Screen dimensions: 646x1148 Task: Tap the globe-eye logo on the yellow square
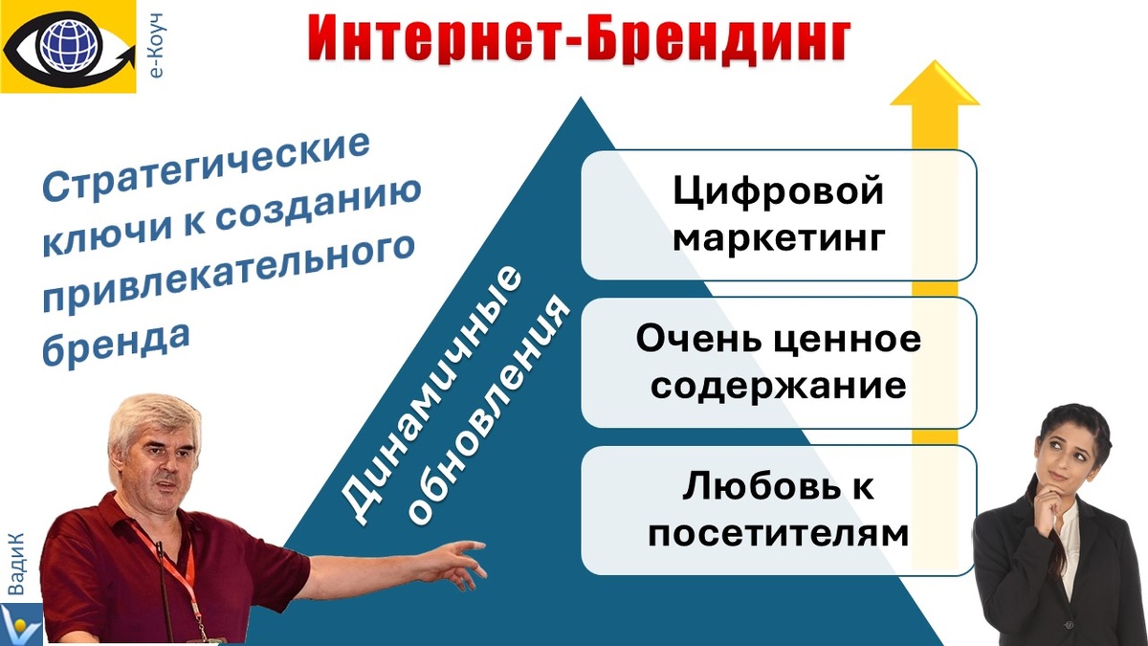pos(68,45)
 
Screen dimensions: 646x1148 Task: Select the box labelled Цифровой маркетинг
pos(778,214)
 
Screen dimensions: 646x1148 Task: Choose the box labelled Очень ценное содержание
pos(778,363)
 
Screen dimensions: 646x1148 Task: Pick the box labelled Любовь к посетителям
pos(778,510)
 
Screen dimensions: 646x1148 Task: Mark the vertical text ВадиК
pos(17,565)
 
